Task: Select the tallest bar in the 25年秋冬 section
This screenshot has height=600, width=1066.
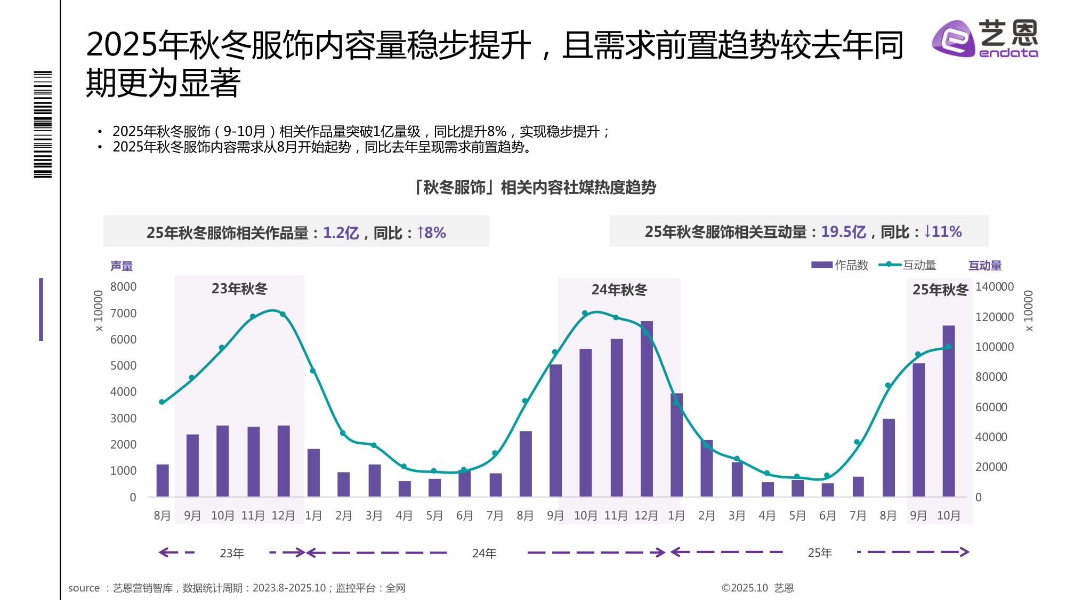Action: point(948,411)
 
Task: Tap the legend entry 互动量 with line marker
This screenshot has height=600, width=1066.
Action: point(908,265)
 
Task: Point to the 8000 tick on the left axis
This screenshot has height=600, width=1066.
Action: point(123,287)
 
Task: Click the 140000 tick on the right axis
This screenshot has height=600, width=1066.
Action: point(994,287)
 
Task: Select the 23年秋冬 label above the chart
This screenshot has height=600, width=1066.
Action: point(239,289)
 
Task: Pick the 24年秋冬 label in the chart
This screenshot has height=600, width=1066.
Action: point(619,290)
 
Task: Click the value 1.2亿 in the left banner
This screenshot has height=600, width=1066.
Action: point(341,233)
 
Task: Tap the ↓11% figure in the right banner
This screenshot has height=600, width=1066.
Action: point(943,232)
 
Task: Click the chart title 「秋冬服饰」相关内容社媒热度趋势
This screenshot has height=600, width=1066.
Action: point(535,188)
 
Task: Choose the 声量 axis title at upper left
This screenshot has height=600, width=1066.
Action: point(122,266)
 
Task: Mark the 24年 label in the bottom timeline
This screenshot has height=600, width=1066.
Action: point(484,554)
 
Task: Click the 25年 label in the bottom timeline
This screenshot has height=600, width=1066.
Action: point(819,553)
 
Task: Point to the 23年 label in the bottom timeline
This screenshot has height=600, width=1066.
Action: point(232,554)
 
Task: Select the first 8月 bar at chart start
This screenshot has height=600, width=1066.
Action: point(162,481)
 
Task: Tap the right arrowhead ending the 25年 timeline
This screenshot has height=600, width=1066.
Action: point(964,552)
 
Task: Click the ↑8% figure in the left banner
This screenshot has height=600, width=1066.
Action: point(431,233)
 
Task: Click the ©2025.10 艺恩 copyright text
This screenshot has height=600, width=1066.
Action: point(757,588)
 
